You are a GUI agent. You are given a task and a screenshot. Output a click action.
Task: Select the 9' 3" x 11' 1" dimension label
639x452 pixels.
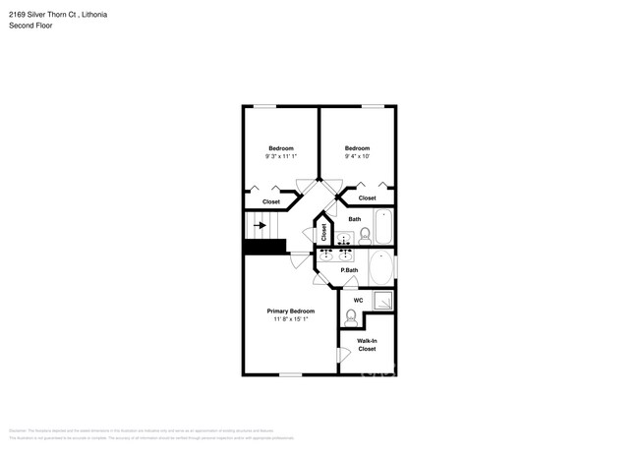point(280,156)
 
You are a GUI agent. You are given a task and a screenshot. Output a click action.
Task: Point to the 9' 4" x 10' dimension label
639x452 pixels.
point(357,156)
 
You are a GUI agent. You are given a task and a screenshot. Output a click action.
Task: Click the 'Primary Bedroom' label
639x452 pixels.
point(290,311)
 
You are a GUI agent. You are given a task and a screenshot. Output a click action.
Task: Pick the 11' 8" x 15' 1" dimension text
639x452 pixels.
point(290,319)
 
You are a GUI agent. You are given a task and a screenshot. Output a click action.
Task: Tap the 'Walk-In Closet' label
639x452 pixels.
point(367,345)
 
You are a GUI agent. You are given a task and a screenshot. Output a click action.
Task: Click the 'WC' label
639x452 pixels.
point(358,300)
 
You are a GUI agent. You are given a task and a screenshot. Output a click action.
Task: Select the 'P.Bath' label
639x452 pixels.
point(348,270)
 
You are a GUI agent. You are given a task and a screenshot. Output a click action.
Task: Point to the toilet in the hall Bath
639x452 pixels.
point(364,235)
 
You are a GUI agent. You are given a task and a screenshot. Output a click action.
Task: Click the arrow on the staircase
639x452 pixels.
point(261,225)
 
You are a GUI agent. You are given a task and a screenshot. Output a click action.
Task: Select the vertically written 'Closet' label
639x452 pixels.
point(323,233)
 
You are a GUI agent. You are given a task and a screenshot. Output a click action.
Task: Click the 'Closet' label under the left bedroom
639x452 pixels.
point(270,201)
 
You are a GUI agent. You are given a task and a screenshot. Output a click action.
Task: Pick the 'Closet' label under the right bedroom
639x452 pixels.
point(367,198)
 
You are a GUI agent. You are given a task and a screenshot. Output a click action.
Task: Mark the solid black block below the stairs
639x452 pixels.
point(263,248)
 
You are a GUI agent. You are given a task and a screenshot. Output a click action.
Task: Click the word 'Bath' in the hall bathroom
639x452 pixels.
point(354,219)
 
